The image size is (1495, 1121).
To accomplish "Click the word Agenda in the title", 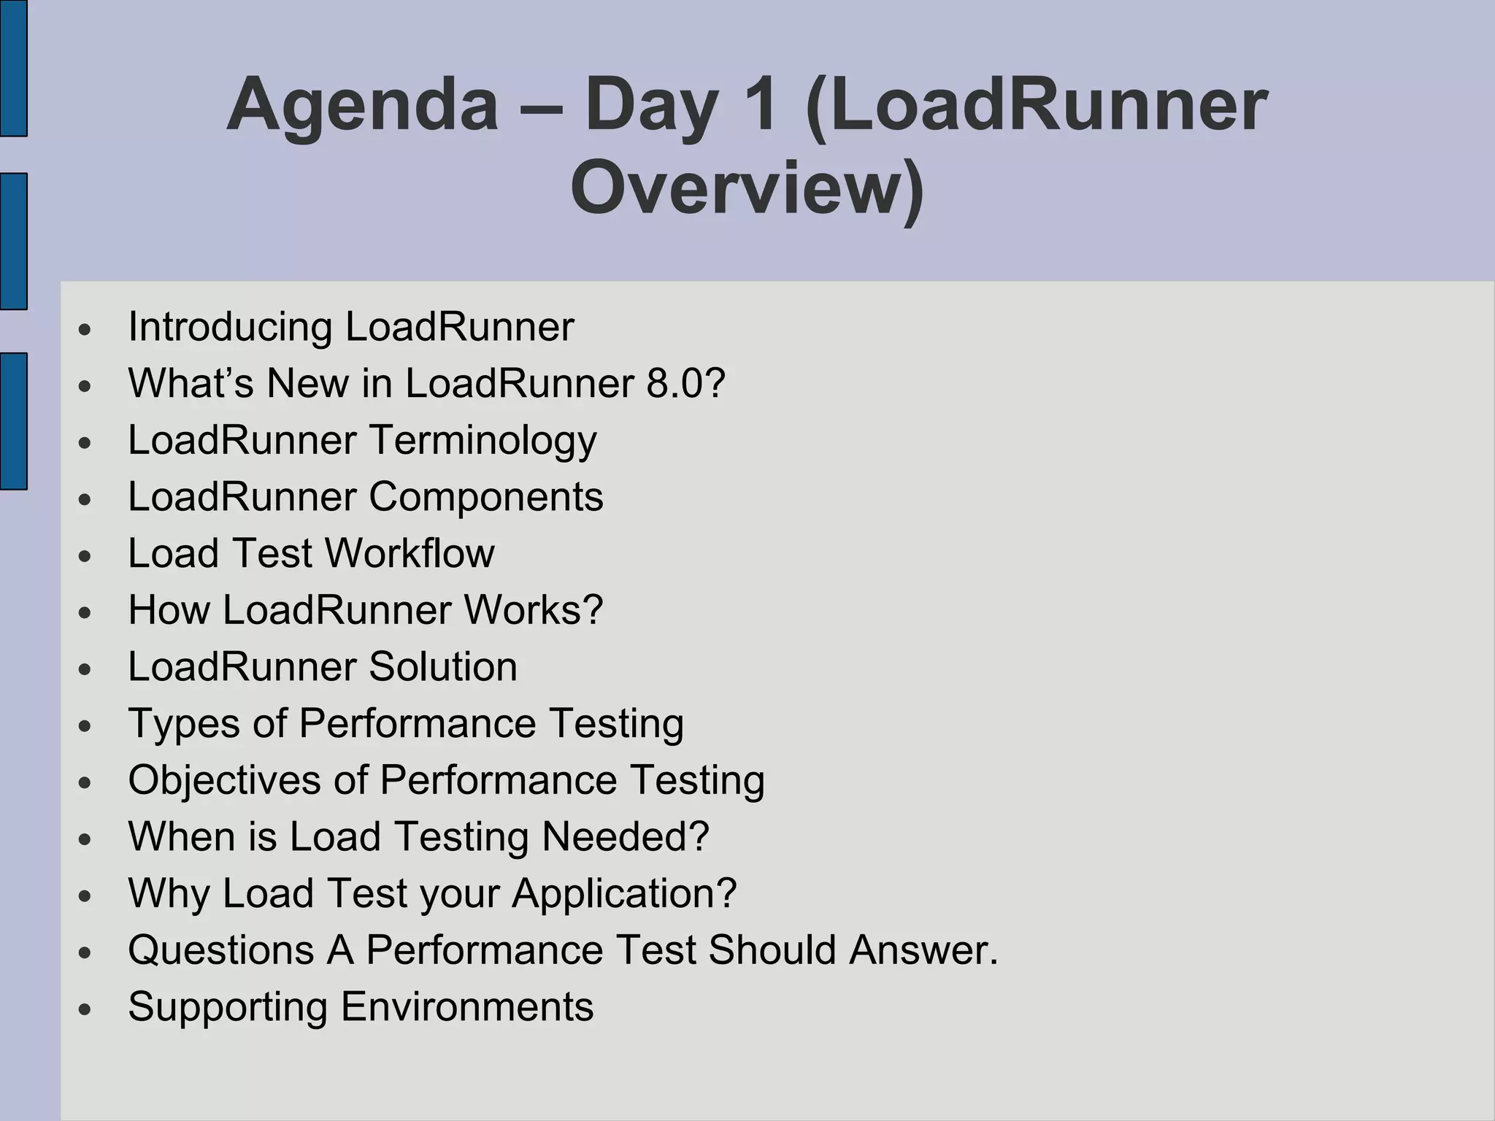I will [x=362, y=107].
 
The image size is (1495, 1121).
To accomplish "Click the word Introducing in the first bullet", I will [x=230, y=326].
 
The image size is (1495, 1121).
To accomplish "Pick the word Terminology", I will [x=483, y=440].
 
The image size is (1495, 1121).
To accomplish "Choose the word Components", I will [x=485, y=496].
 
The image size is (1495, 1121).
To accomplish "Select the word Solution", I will [x=442, y=666].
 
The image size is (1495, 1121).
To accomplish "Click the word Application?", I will [x=624, y=893].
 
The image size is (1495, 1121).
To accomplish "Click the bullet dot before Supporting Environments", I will [x=85, y=1010].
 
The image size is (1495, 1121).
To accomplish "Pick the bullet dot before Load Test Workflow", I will [x=85, y=556].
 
